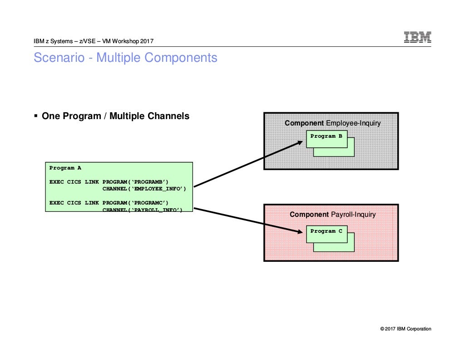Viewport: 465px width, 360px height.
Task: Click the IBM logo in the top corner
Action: [417, 38]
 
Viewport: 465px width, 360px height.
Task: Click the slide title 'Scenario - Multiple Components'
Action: [125, 58]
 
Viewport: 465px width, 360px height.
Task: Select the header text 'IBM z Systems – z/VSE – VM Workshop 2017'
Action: [94, 41]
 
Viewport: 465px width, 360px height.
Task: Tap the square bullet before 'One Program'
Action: [36, 116]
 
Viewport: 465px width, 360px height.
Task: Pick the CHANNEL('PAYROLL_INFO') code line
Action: [142, 210]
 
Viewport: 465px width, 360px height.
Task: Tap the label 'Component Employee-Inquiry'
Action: [332, 123]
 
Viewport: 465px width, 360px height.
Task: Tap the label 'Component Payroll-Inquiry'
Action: [332, 214]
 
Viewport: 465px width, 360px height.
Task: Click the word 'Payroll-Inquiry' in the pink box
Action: [353, 214]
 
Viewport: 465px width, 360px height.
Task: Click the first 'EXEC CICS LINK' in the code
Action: [74, 182]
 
